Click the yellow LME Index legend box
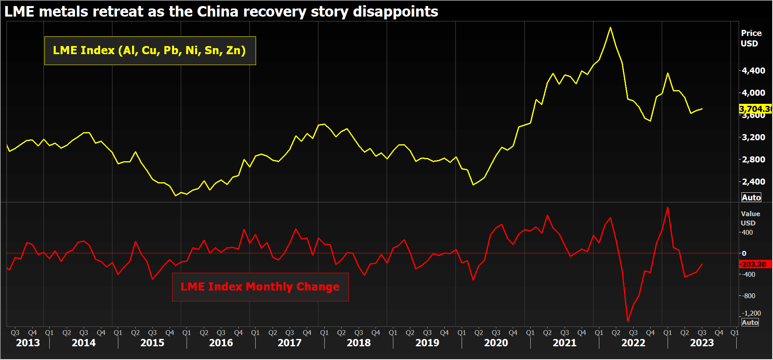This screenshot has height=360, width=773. tap(150, 51)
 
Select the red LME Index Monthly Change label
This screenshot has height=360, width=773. tap(260, 287)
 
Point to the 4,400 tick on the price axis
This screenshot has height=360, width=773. tap(753, 70)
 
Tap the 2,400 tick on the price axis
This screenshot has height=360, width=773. tap(753, 181)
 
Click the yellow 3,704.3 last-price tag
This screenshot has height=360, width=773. tap(754, 109)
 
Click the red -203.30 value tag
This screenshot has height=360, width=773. tap(754, 264)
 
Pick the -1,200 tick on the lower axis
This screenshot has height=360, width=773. tap(752, 313)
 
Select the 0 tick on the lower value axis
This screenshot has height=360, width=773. tap(744, 253)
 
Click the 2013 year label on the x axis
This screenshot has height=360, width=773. tap(28, 343)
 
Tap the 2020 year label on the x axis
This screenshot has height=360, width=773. tap(496, 343)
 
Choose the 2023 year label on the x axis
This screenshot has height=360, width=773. tap(702, 343)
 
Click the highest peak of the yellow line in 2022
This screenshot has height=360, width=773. tap(610, 27)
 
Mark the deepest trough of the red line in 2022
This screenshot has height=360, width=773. tap(628, 322)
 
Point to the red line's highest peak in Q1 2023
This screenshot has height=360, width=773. tap(668, 207)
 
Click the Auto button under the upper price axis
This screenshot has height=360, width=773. tap(751, 197)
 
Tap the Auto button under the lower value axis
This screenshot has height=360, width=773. tap(750, 322)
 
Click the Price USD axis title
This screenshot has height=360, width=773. tap(751, 38)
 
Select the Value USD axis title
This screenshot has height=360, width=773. tap(750, 218)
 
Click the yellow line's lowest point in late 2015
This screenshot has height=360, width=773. tap(176, 196)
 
